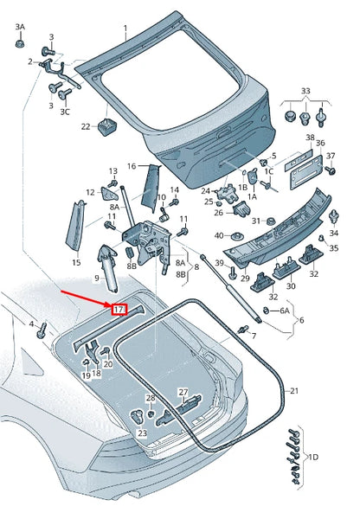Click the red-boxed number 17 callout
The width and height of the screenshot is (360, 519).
tap(119, 310)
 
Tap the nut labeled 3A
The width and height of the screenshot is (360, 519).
tap(20, 43)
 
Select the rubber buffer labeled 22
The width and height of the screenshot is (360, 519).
tap(106, 126)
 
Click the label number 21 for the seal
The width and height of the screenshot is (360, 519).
tap(294, 391)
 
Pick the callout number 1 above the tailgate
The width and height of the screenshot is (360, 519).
tap(125, 29)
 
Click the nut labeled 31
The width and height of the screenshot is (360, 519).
tap(271, 221)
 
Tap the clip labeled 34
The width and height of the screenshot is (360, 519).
tap(333, 216)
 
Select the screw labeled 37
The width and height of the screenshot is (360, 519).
tap(331, 170)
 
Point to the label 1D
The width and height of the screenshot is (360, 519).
tap(313, 458)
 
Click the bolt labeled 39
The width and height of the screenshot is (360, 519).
tap(233, 272)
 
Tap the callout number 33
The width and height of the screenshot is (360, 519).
tap(305, 90)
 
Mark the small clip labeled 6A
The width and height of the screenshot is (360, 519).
tap(266, 311)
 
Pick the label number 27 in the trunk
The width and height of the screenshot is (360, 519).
tap(183, 393)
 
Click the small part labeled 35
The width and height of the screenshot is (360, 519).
tap(321, 238)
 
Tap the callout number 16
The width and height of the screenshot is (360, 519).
tap(132, 166)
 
